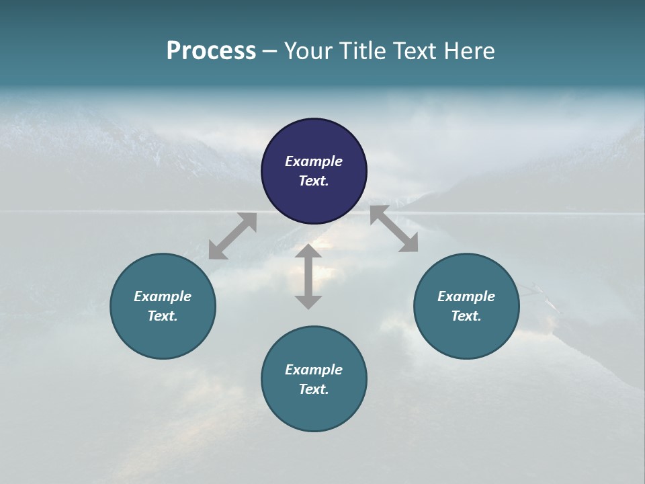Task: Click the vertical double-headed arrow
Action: (308, 276)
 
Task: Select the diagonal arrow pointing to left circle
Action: (232, 236)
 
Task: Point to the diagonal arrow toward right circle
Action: (394, 229)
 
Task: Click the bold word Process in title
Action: (211, 50)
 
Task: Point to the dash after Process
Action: (270, 51)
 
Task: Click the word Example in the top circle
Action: (314, 161)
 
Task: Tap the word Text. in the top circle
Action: (314, 181)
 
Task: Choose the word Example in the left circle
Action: (163, 296)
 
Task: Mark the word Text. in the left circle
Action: (163, 316)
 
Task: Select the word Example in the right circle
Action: (466, 296)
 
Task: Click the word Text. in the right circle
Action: (466, 316)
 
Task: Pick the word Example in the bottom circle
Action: (314, 370)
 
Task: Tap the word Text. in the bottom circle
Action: (314, 389)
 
